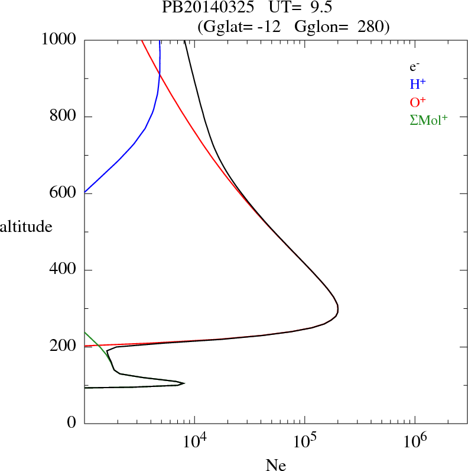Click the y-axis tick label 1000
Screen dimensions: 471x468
[x=58, y=40]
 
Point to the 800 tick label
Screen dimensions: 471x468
[x=63, y=117]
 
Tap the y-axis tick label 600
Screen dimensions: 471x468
[x=63, y=193]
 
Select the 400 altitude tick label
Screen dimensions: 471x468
[x=63, y=270]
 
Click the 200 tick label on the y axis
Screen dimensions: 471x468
[x=63, y=347]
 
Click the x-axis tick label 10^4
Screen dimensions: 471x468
[x=194, y=443]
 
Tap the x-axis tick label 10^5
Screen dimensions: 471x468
[x=304, y=443]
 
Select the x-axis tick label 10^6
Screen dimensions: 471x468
[x=414, y=443]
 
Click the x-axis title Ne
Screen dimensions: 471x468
[x=276, y=465]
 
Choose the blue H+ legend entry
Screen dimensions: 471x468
[x=418, y=85]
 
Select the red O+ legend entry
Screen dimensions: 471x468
[x=418, y=102]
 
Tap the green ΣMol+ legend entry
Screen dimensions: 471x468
[x=428, y=120]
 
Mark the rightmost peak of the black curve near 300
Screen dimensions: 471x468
[x=337, y=308]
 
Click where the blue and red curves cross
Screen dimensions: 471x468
[x=160, y=73]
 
